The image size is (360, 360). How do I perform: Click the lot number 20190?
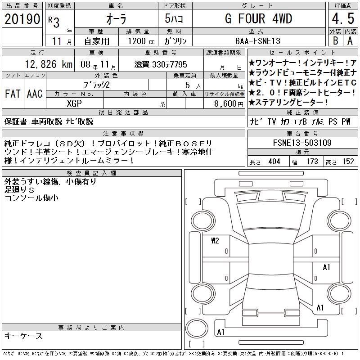click(22, 19)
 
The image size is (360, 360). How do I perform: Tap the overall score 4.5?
click(343, 18)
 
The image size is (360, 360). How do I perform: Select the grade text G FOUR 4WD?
click(258, 18)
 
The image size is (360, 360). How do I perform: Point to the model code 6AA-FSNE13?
click(258, 41)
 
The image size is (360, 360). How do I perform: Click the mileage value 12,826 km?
click(49, 64)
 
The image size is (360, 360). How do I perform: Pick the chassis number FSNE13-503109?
click(302, 143)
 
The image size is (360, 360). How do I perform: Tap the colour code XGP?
click(74, 103)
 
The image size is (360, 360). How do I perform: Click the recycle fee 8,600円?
click(229, 104)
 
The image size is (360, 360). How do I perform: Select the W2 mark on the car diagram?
click(215, 241)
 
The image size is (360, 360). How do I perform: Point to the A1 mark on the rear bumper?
click(220, 332)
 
